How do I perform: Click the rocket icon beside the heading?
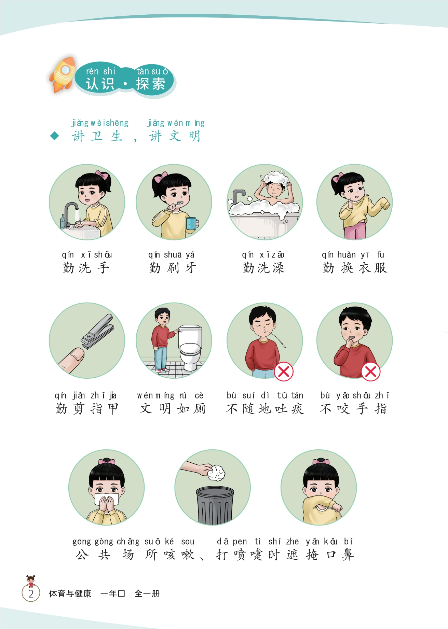(x=63, y=75)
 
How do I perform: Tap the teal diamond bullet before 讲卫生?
(x=55, y=136)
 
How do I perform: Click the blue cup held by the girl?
(x=191, y=224)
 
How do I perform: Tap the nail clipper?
(x=97, y=331)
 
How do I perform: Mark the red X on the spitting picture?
(x=284, y=371)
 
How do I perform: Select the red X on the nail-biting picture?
(x=371, y=371)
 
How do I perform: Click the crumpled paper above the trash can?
(x=216, y=473)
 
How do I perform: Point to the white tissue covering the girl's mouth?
(x=106, y=500)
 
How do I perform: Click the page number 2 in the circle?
(x=31, y=593)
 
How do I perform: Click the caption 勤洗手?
(x=86, y=268)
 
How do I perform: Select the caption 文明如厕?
(x=173, y=408)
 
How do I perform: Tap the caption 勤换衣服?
(x=355, y=268)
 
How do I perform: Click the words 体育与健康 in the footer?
(x=70, y=593)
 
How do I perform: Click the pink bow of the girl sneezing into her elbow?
(x=321, y=462)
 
